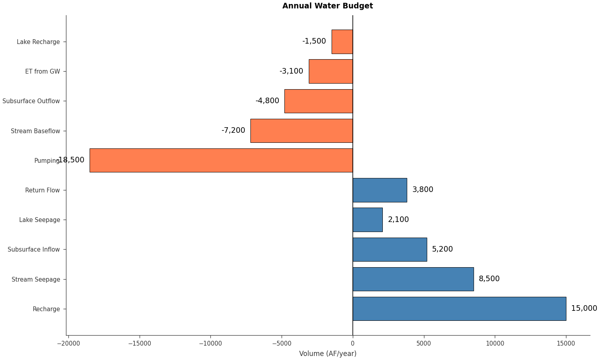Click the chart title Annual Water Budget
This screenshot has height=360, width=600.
pyautogui.click(x=327, y=6)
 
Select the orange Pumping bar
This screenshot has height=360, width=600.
pyautogui.click(x=221, y=160)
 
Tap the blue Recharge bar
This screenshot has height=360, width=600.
pyautogui.click(x=459, y=309)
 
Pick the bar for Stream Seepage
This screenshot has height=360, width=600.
pyautogui.click(x=413, y=279)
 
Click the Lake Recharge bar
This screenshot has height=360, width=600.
pyautogui.click(x=342, y=42)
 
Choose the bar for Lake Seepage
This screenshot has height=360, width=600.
pyautogui.click(x=367, y=220)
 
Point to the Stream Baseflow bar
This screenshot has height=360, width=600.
pyautogui.click(x=301, y=131)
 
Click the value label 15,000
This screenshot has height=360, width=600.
pyautogui.click(x=584, y=308)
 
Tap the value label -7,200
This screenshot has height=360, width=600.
pyautogui.click(x=233, y=130)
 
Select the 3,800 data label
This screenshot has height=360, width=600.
pyautogui.click(x=422, y=190)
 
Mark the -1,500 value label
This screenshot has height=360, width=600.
pyautogui.click(x=314, y=41)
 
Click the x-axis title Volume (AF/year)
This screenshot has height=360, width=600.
pyautogui.click(x=328, y=354)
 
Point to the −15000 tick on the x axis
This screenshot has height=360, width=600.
pyautogui.click(x=140, y=343)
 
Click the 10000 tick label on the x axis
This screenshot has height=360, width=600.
pyautogui.click(x=495, y=343)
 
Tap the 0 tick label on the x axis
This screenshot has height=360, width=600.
pyautogui.click(x=352, y=343)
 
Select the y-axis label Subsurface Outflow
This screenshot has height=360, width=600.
pyautogui.click(x=31, y=101)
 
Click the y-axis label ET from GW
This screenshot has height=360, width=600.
pyautogui.click(x=42, y=72)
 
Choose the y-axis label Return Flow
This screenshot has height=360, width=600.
pyautogui.click(x=42, y=190)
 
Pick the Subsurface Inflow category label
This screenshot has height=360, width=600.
pyautogui.click(x=34, y=250)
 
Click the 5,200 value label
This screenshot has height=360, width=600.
pyautogui.click(x=442, y=249)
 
